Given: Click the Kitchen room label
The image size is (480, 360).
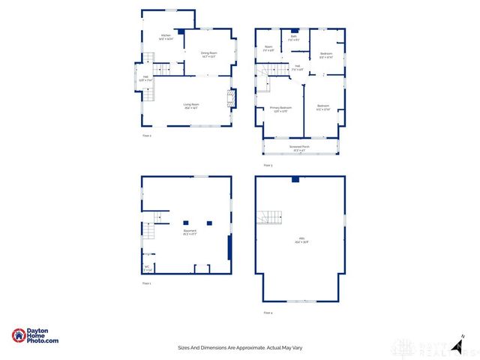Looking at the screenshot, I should coord(166,36).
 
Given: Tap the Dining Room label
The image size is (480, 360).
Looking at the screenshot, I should coord(208,53).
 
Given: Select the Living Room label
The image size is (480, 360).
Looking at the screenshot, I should coord(191,105).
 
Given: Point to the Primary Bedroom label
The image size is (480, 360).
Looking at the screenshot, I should coord(280,109).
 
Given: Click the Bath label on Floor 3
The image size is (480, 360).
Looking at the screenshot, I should coord(294,39).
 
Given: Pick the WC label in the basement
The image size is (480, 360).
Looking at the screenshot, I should coord(147,268).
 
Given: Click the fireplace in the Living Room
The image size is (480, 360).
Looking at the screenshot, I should coord(232,98).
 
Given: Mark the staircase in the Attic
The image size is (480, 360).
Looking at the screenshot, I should coord(271,217).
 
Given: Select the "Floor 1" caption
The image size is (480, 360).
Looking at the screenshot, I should coord(147,283).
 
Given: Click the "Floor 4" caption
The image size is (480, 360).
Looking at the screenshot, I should coord(268,312).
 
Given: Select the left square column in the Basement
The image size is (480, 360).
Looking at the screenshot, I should coord(185,222).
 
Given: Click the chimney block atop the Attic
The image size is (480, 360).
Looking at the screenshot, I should coord(295,179).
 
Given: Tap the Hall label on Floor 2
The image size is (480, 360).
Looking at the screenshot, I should coord(145,77).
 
